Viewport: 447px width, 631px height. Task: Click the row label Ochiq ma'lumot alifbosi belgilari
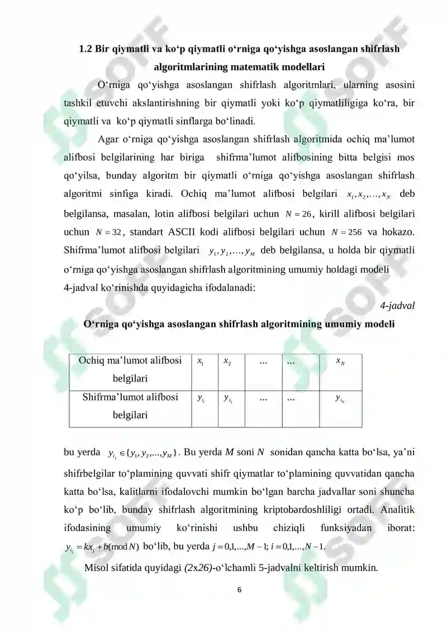pyautogui.click(x=130, y=370)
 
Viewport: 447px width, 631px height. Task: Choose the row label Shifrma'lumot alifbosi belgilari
pyautogui.click(x=130, y=406)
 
